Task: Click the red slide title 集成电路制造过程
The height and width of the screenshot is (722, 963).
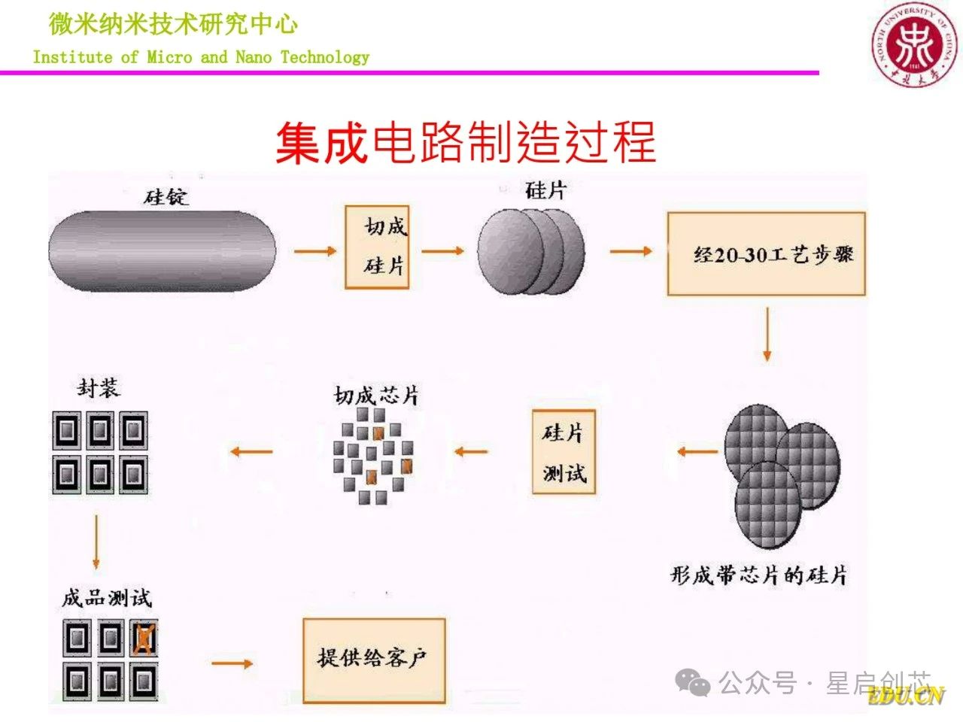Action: pos(466,143)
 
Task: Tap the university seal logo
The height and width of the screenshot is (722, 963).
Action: pos(914,44)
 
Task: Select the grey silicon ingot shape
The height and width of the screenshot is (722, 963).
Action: pos(162,250)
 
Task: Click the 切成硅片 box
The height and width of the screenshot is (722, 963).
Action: pos(378,247)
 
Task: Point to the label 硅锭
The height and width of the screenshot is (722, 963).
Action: pos(166,197)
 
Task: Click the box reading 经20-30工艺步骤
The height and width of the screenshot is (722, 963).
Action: pos(766,253)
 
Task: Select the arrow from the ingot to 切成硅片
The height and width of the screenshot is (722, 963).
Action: pos(315,251)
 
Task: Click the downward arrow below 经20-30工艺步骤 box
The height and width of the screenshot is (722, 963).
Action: pos(767,334)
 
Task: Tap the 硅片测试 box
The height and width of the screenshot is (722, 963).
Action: pos(564,452)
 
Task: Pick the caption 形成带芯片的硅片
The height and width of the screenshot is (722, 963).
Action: pos(758,575)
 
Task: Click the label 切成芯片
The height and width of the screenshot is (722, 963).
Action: pos(377,396)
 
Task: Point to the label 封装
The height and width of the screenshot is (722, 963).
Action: pos(99,388)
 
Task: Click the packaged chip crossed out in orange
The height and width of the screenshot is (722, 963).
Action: pos(144,639)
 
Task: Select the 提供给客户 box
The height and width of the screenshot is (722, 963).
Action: pos(374,660)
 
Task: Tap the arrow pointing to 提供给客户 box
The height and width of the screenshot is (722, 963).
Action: pos(232,663)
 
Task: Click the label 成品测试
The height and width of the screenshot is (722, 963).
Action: pos(107,599)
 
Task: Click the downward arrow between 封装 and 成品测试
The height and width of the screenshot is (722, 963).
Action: pos(96,541)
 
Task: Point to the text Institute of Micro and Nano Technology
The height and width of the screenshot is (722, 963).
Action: pos(202,57)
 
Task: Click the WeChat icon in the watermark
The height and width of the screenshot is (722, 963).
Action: pos(692,683)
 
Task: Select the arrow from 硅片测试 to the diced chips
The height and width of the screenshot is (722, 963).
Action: pos(471,451)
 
